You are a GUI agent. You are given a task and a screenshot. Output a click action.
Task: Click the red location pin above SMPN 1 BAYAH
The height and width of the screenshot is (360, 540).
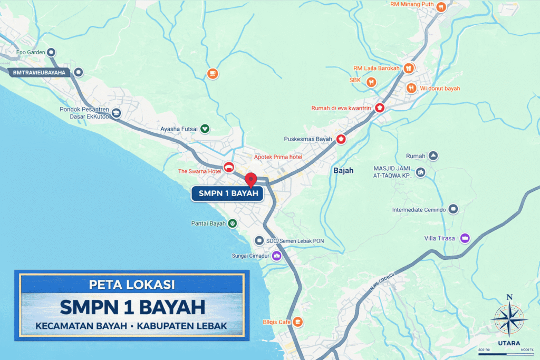[251, 179]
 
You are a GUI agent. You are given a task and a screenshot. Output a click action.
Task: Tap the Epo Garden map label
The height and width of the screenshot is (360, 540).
[28, 52]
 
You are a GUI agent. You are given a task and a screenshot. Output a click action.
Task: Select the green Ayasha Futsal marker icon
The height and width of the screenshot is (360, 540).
[205, 128]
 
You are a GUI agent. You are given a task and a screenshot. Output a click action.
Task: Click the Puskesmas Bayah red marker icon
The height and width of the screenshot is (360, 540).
[341, 139]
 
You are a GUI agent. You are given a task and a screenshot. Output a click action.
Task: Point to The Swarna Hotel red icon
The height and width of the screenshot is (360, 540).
[228, 167]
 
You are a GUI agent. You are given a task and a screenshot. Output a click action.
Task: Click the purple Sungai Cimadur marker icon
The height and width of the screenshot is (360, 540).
[277, 256]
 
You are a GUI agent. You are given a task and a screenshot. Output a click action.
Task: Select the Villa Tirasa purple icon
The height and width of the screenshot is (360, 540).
[465, 238]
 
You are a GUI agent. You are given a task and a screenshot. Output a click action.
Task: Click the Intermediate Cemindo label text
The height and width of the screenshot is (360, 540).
[419, 210]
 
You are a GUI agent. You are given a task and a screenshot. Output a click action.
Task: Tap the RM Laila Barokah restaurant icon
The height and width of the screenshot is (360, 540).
[408, 68]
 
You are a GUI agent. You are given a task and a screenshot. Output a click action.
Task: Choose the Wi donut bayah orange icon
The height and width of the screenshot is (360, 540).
[411, 88]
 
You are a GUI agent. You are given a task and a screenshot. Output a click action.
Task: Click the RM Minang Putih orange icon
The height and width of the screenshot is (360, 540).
[441, 6]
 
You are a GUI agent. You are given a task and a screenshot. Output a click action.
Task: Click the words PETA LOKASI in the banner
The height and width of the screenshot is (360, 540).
[132, 285]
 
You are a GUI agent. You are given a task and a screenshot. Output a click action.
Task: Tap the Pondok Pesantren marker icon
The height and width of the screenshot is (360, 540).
[116, 113]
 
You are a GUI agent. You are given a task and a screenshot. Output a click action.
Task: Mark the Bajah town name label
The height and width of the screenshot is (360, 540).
[343, 171]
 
